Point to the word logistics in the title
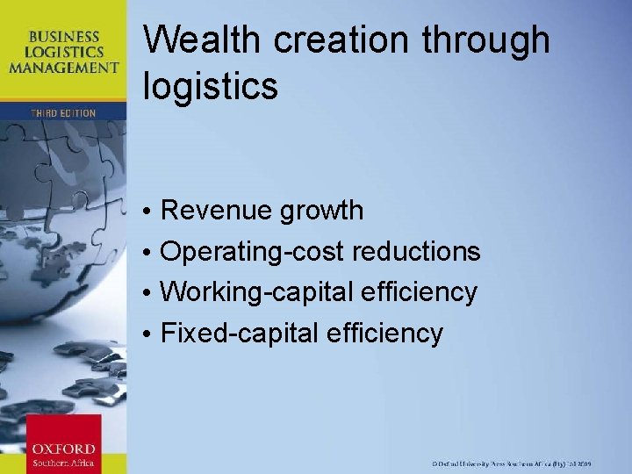click(210, 87)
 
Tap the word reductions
click(416, 252)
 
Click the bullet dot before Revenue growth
click(150, 212)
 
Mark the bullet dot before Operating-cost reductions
click(150, 253)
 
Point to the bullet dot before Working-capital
click(150, 293)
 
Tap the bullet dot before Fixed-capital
click(150, 334)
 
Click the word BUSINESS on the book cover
click(63, 36)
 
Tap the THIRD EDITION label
click(63, 113)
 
